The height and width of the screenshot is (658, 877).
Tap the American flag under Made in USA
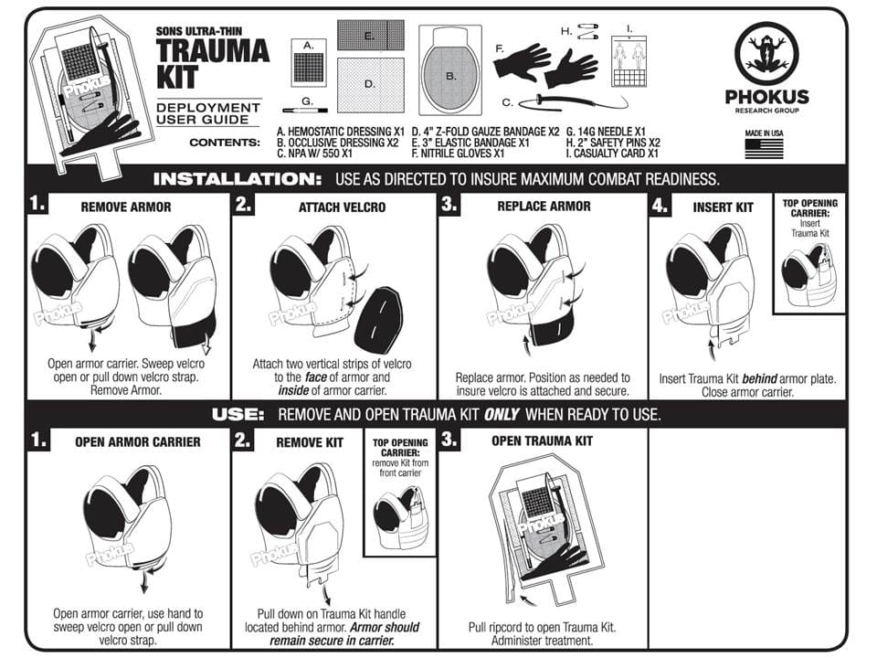764,149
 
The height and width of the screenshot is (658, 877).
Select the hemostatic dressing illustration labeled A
309,63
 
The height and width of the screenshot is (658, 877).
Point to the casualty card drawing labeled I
629,61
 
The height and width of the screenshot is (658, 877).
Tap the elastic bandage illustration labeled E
370,36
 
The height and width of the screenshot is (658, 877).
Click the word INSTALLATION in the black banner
238,179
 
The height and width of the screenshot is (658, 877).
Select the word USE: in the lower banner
238,415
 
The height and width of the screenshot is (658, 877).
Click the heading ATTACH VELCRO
342,207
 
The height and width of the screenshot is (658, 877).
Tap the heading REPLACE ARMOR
544,207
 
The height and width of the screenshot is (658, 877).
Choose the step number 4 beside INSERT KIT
660,206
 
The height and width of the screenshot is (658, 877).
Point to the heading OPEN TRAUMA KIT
542,440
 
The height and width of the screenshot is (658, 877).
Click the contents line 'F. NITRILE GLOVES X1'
458,154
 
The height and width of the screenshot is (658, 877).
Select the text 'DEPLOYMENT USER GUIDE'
208,113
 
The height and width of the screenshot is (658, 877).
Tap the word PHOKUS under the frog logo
766,97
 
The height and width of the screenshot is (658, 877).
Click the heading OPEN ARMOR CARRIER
138,442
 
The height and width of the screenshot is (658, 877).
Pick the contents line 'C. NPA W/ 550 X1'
315,154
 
